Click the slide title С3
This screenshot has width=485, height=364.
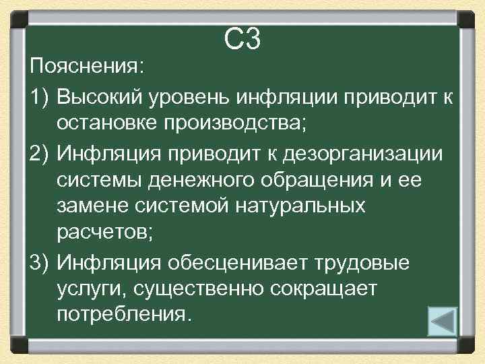tap(242, 41)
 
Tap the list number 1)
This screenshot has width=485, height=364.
tap(41, 96)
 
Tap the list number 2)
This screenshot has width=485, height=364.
tap(41, 153)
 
